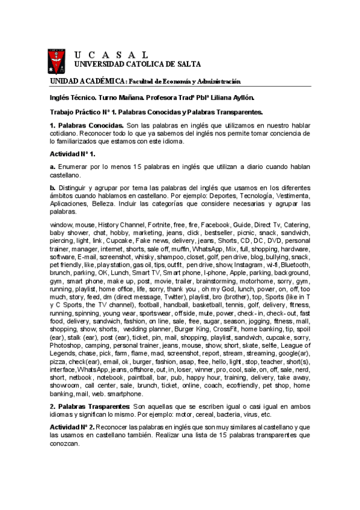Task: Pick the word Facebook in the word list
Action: click(x=216, y=224)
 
